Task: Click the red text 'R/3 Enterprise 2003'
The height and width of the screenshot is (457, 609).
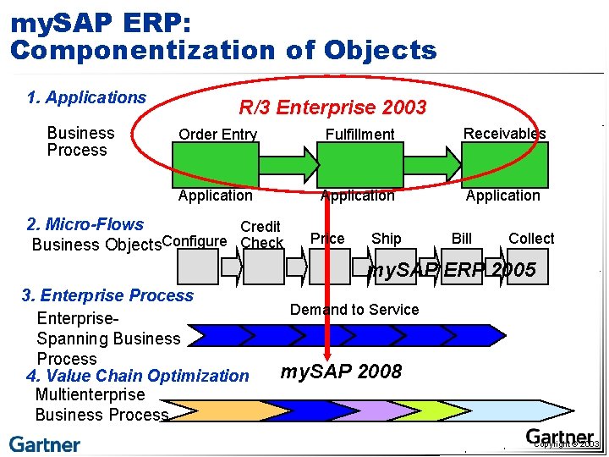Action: tap(332, 107)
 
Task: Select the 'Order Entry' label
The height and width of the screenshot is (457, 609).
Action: tap(217, 135)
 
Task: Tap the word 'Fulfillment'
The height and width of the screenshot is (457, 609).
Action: tap(359, 134)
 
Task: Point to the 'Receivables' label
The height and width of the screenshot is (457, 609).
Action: tap(504, 133)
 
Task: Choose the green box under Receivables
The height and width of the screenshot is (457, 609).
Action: tap(505, 161)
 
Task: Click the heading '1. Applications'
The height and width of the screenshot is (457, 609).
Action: tap(86, 97)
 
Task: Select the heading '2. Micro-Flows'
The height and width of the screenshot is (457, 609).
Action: tap(85, 224)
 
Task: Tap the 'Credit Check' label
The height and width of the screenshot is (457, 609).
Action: tap(261, 234)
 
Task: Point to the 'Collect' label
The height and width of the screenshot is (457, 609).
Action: tap(531, 239)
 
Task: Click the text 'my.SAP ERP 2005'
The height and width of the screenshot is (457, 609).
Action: tap(453, 270)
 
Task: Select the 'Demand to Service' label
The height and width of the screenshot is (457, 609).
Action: tap(354, 310)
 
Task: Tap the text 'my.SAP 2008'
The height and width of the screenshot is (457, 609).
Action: tap(341, 372)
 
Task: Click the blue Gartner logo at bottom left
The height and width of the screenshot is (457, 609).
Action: tap(45, 444)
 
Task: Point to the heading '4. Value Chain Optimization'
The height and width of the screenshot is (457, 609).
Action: tap(138, 376)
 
